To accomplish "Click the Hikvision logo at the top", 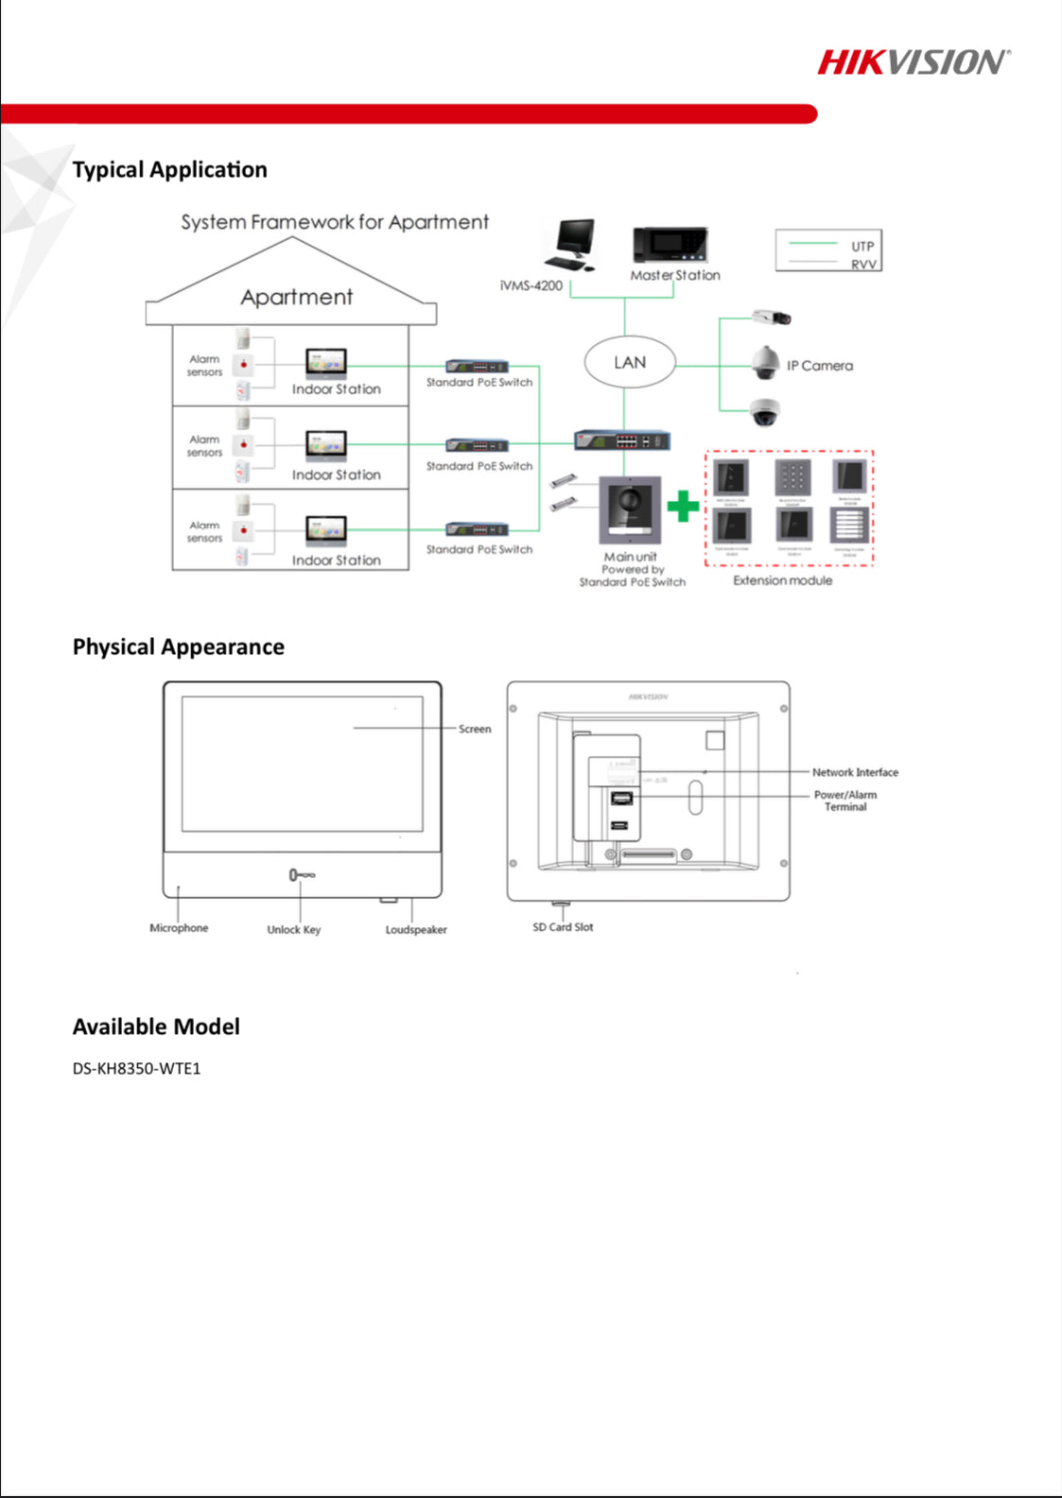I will [x=913, y=62].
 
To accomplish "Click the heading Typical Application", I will [x=170, y=170].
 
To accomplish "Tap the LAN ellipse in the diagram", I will [x=630, y=363].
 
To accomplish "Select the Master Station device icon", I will [x=670, y=245].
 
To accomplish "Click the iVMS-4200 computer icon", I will [x=571, y=245].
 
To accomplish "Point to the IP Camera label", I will [x=820, y=366].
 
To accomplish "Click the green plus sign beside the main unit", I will [x=683, y=507].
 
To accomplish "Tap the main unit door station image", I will [x=630, y=510].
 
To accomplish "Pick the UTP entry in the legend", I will [x=862, y=246].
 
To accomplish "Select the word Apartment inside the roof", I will [x=296, y=298].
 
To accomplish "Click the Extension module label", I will [x=783, y=580].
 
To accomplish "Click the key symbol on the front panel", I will [x=302, y=875].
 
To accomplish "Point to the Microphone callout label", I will [x=179, y=928].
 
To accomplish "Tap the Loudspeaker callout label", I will [x=416, y=930].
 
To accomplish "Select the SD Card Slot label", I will [x=563, y=927].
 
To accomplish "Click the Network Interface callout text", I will [x=855, y=772].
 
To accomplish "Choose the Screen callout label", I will [x=475, y=729].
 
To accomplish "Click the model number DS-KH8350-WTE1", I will [x=137, y=1069].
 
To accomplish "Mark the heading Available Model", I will [x=156, y=1027].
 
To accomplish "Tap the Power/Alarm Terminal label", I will [x=845, y=801].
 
